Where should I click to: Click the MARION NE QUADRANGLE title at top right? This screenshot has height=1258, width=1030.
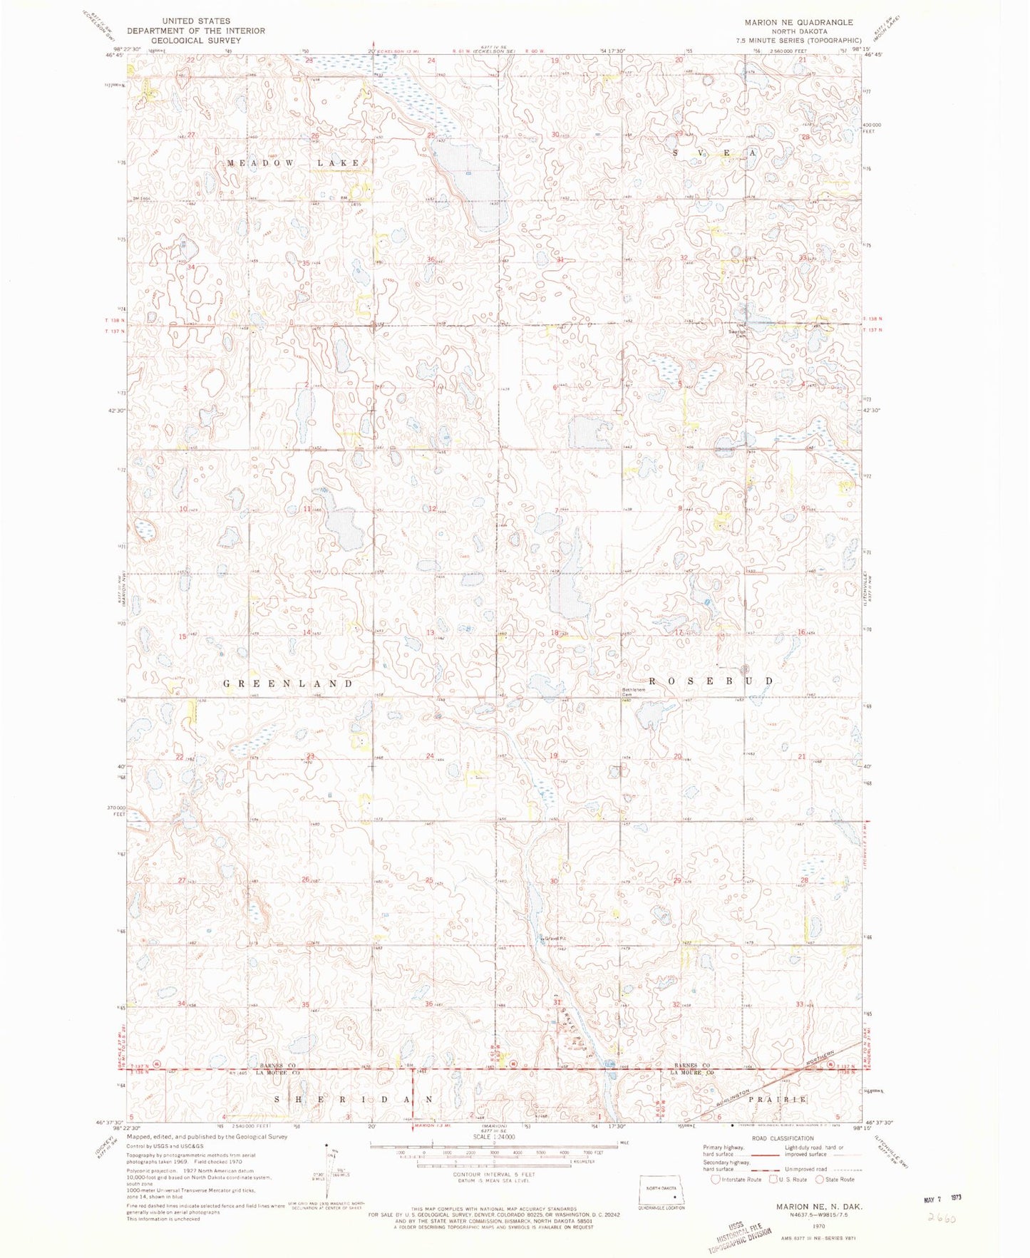pyautogui.click(x=798, y=23)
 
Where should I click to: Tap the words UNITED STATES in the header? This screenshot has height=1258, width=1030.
pyautogui.click(x=196, y=21)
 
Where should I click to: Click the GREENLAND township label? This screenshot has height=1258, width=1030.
pyautogui.click(x=288, y=684)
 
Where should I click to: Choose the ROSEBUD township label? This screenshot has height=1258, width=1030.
pyautogui.click(x=711, y=681)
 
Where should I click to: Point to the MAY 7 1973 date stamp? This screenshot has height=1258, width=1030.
pyautogui.click(x=936, y=1200)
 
